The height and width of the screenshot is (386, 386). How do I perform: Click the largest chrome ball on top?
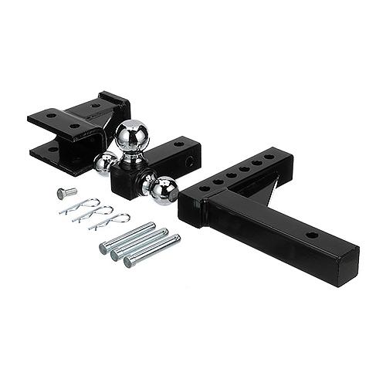131,136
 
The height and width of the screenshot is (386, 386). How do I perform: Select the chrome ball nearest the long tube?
163,190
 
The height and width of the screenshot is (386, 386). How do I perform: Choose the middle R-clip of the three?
92,215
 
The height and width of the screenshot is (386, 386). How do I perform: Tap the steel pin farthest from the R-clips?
152,250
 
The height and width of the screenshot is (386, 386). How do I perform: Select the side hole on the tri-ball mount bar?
188,163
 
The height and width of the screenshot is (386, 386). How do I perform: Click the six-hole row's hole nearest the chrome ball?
204,188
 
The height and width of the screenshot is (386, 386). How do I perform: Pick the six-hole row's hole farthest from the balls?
268,157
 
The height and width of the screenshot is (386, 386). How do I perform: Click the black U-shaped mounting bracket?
73,124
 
